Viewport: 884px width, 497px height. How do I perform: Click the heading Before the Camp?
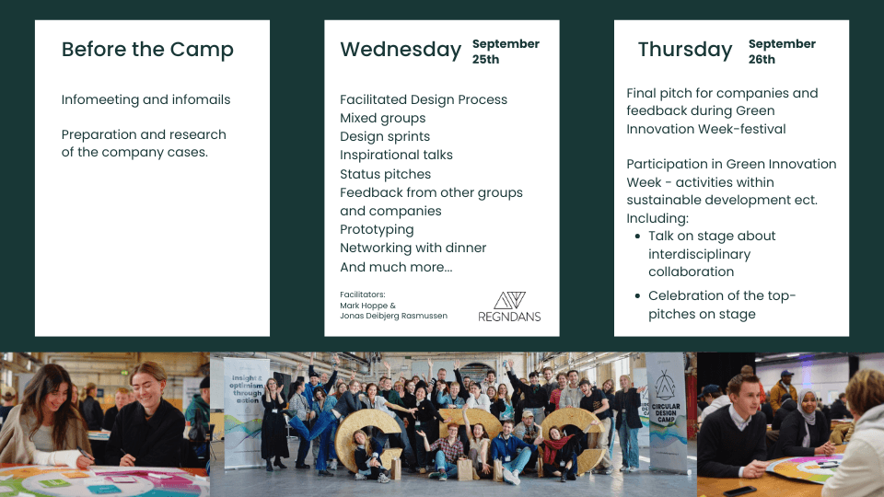147,50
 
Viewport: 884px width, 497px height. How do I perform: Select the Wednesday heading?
401,50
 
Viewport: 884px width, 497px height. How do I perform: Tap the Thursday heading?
685,50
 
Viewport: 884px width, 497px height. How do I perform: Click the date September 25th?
506,52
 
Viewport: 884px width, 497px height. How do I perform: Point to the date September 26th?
782,52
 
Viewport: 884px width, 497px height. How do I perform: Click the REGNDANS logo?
509,307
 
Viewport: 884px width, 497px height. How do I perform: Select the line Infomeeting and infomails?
146,99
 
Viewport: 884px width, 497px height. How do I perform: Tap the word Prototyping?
377,230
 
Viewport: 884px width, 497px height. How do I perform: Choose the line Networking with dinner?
413,248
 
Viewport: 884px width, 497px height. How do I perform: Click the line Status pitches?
385,174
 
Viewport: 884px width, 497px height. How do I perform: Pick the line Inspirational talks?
396,155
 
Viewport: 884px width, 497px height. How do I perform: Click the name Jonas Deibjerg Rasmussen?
393,316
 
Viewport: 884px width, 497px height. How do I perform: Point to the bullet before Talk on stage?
637,237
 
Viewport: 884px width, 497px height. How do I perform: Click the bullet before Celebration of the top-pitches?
637,295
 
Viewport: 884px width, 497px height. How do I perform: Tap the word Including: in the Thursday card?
657,219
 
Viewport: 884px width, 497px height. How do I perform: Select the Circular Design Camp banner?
667,411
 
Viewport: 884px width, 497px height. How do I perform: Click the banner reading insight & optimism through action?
247,412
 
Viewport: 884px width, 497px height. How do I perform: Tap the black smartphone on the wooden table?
740,491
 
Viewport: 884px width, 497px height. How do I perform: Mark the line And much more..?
396,267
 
